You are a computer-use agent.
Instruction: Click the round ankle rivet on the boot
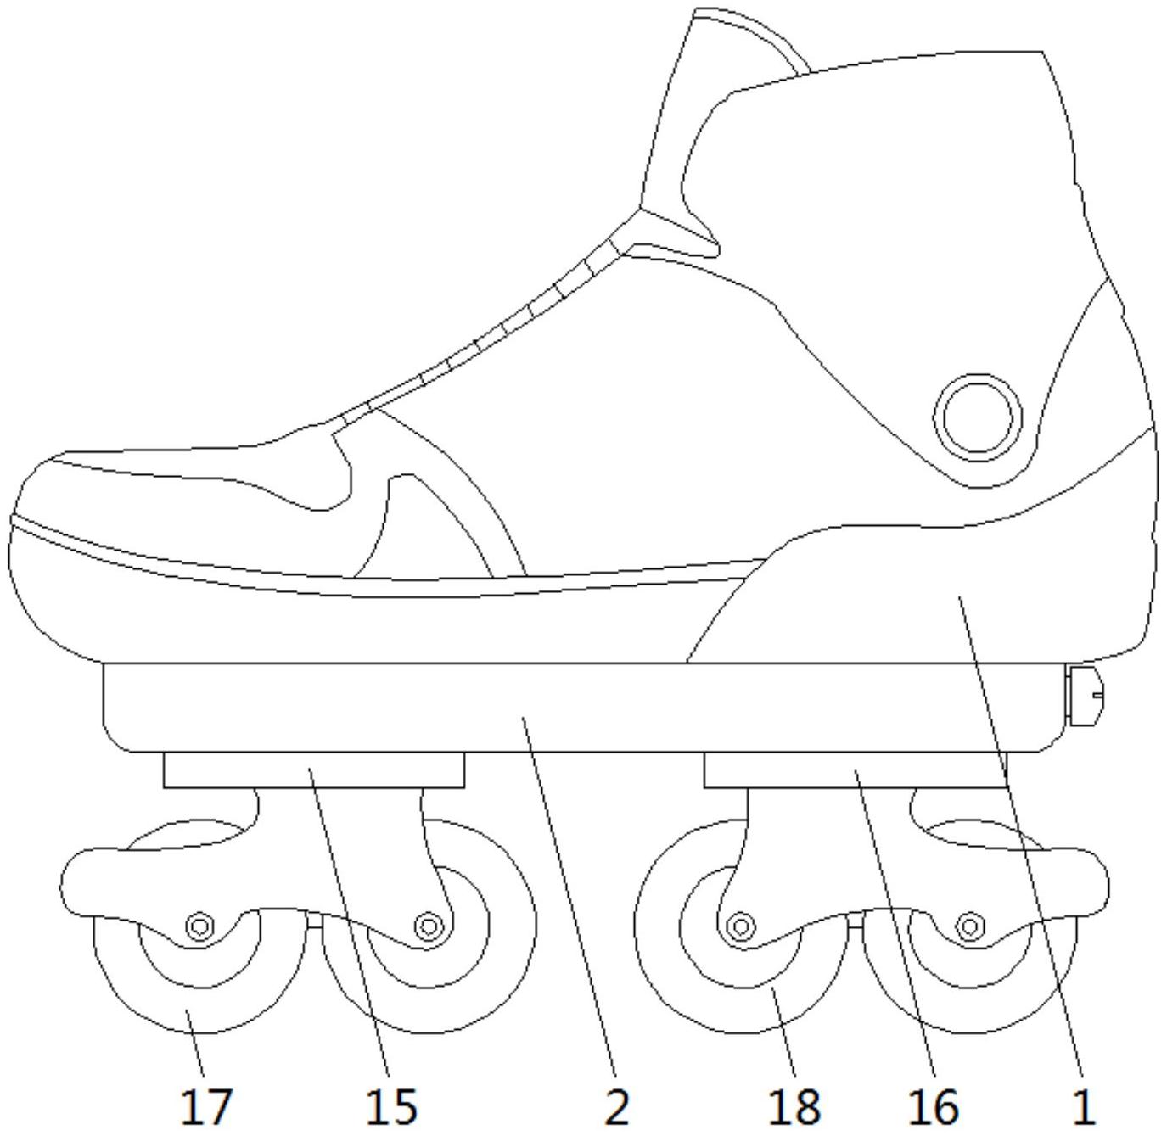tap(978, 417)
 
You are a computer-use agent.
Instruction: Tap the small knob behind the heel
tap(1085, 696)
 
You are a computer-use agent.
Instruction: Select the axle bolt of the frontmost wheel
tap(200, 926)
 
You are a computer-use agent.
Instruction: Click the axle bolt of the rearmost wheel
tap(970, 926)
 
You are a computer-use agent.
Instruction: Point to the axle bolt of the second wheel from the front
tap(428, 926)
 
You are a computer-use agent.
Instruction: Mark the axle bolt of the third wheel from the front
tap(741, 926)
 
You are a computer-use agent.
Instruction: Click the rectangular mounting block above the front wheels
tap(314, 769)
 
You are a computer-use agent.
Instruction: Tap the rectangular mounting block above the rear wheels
tap(856, 769)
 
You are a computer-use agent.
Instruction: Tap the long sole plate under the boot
tap(579, 708)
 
